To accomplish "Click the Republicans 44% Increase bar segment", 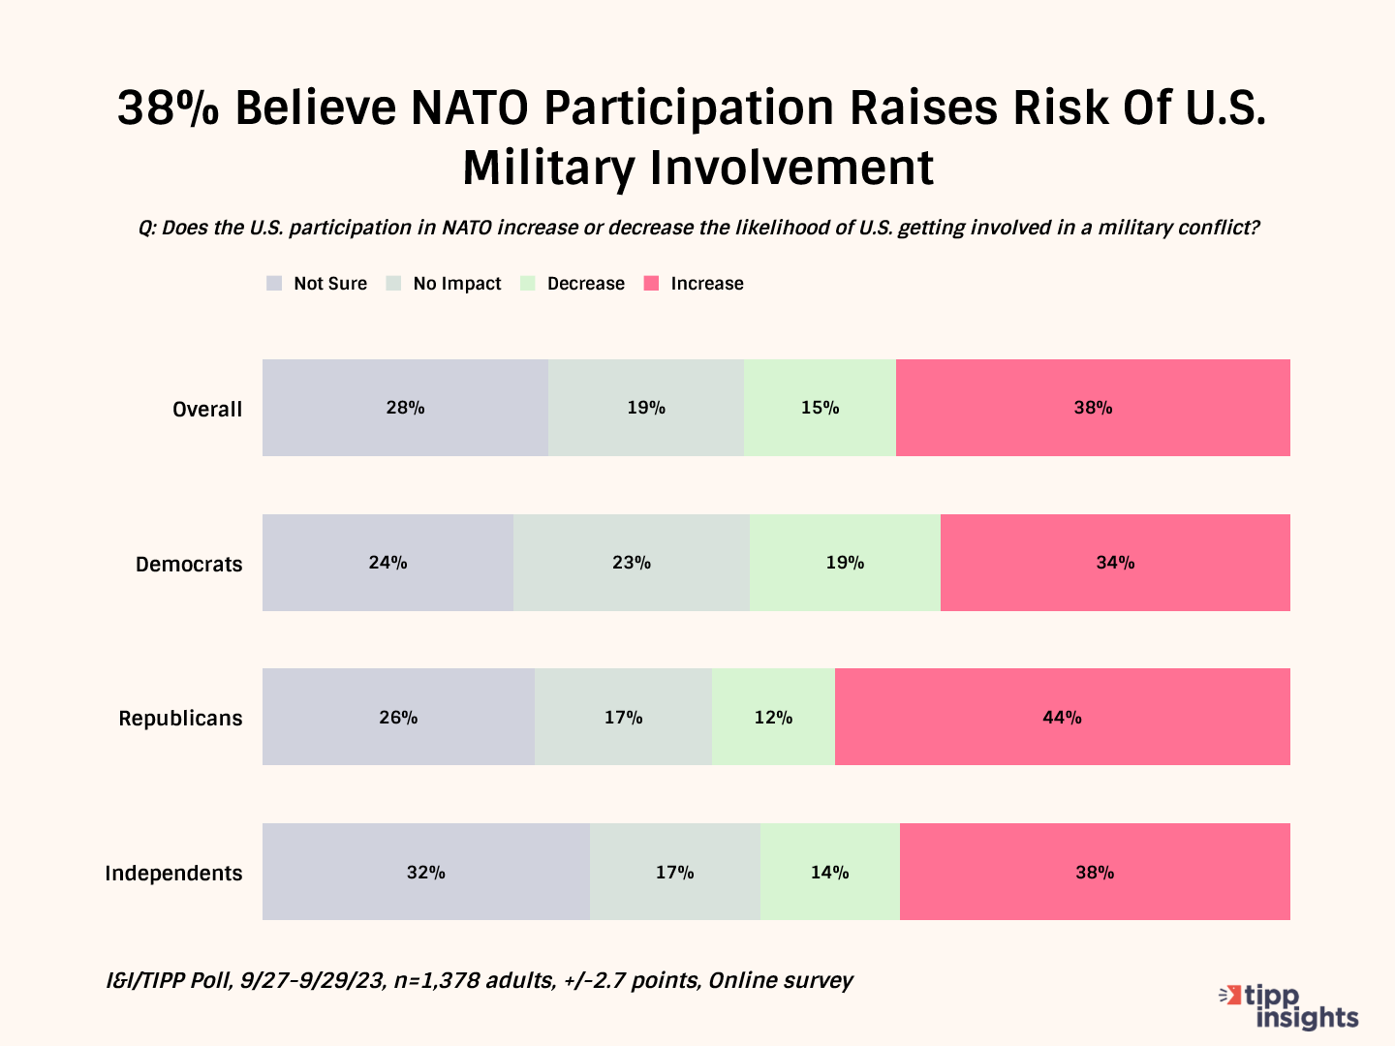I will coord(1062,717).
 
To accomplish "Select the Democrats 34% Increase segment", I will coord(1115,563).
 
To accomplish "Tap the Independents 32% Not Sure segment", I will coord(426,872).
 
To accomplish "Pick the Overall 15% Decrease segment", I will coord(820,408).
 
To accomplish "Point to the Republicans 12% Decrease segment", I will coord(773,717).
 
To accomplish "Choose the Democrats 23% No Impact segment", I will coord(632,563).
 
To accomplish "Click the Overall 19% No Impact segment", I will coord(646,408).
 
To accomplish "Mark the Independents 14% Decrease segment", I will coord(830,872).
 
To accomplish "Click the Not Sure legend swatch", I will coord(274,284).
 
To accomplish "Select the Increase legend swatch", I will coord(652,284).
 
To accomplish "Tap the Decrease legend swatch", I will coord(528,284).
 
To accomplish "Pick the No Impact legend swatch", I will coord(393,284).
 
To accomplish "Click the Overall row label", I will coord(207,410).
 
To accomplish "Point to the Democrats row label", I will coord(189,565).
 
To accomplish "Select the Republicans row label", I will coord(180,719).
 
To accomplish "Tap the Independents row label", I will coord(173,874).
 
